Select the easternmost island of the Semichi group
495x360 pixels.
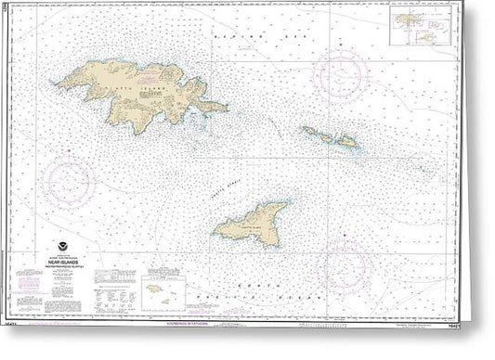pyautogui.click(x=345, y=142)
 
